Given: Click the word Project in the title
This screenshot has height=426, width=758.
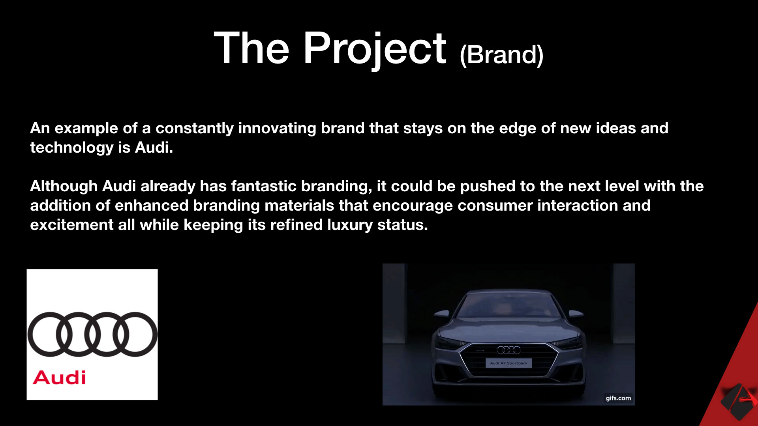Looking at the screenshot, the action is click(375, 49).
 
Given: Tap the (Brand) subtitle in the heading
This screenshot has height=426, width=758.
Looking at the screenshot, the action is click(502, 55).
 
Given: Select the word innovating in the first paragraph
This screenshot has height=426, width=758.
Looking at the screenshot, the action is click(277, 128).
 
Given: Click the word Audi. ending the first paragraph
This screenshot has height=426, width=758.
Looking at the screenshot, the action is click(154, 148).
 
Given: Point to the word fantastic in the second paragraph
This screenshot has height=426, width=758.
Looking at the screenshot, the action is click(264, 186).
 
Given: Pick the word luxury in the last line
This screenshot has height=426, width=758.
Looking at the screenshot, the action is click(350, 225).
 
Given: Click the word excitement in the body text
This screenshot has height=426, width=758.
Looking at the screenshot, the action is click(72, 225).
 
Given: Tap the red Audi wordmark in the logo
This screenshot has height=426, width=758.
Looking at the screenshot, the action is click(59, 377).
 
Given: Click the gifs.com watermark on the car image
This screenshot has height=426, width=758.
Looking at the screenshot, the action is click(618, 398).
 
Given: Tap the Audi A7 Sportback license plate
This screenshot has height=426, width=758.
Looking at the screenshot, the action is click(508, 363).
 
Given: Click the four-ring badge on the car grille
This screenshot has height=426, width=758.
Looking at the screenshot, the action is click(508, 350).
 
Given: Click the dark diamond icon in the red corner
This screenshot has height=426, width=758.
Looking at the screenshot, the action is click(737, 402).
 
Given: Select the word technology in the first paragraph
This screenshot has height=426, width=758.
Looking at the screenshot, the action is click(72, 148).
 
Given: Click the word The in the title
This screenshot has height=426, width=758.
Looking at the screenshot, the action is click(251, 49).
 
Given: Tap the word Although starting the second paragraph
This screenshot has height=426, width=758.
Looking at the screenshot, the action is click(64, 187).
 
